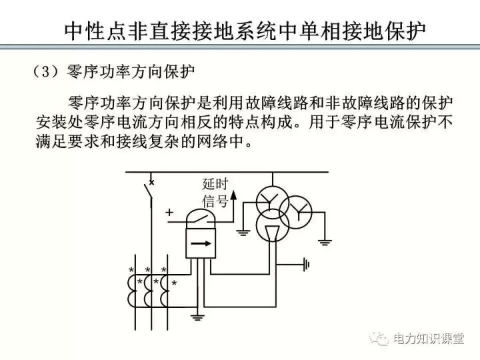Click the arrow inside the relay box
[198, 243]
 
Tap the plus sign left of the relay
[169, 213]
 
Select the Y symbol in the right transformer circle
[298, 213]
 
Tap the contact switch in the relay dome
[198, 217]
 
